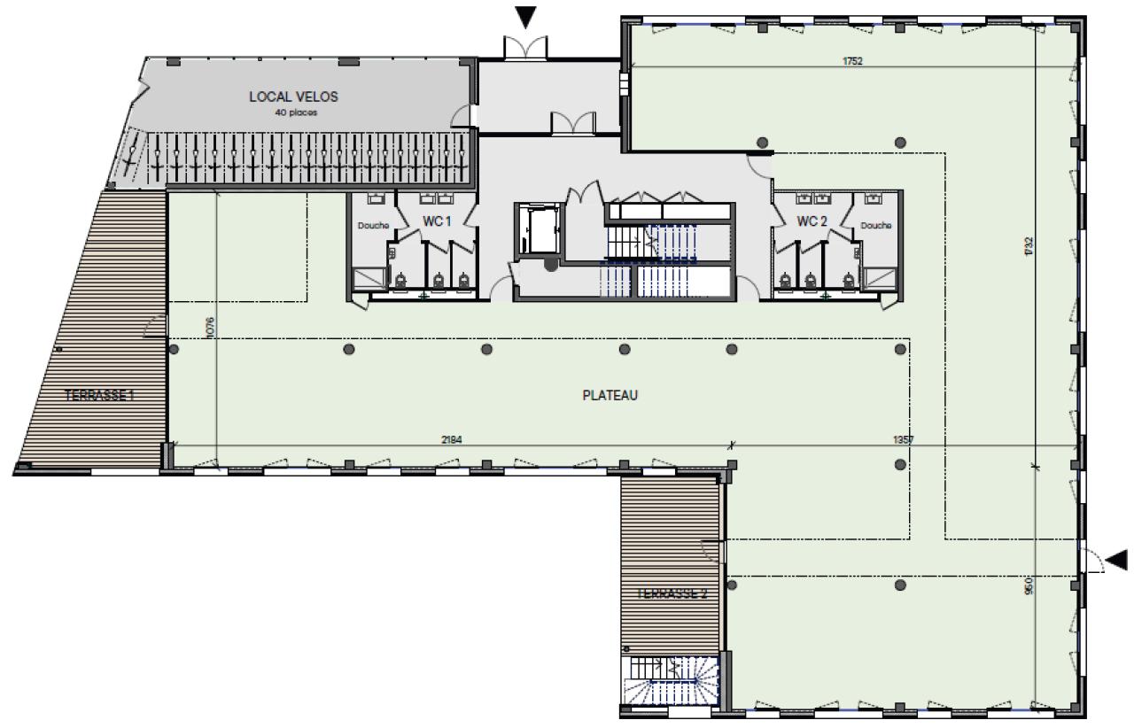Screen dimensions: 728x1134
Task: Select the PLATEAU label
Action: pos(610,396)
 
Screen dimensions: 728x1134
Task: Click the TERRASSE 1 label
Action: pos(99,396)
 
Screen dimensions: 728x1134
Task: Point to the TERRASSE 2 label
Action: pos(672,594)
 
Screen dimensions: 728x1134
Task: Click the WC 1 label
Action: pos(437,221)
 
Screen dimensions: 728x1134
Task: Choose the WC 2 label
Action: pos(812,221)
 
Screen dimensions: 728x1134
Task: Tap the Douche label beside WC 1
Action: pos(373,226)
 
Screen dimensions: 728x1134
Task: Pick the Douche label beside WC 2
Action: pos(875,226)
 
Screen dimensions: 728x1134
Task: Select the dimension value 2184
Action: pos(453,439)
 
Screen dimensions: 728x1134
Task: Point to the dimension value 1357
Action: pos(903,439)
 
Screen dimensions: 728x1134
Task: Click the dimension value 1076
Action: pos(210,327)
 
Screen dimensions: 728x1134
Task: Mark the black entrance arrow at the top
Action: pos(526,16)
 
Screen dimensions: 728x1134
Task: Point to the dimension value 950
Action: pos(1029,585)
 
